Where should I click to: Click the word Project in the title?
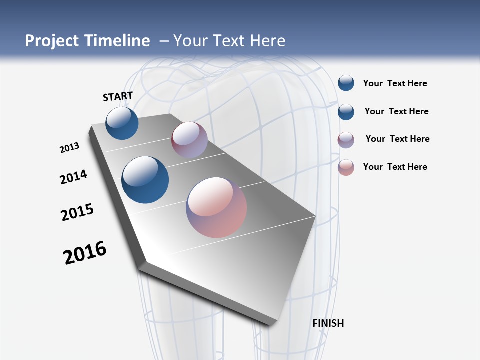pyautogui.click(x=50, y=41)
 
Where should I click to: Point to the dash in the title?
pyautogui.click(x=164, y=41)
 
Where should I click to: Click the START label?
pyautogui.click(x=118, y=96)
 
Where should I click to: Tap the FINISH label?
pyautogui.click(x=328, y=323)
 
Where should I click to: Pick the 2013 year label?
pyautogui.click(x=69, y=148)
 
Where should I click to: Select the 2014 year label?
pyautogui.click(x=73, y=177)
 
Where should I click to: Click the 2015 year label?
pyautogui.click(x=77, y=212)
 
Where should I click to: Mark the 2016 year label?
pyautogui.click(x=85, y=253)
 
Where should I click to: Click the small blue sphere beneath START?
pyautogui.click(x=122, y=123)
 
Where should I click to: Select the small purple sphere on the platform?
pyautogui.click(x=189, y=140)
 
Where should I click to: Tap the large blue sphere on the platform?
pyautogui.click(x=145, y=180)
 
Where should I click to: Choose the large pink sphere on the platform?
pyautogui.click(x=216, y=207)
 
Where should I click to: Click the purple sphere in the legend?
pyautogui.click(x=346, y=140)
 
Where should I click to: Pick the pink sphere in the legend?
pyautogui.click(x=346, y=167)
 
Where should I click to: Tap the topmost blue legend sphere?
pyautogui.click(x=346, y=83)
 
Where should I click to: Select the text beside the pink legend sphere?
pyautogui.click(x=395, y=167)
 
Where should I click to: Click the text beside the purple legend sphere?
pyautogui.click(x=397, y=139)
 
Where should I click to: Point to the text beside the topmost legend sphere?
pyautogui.click(x=395, y=83)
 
